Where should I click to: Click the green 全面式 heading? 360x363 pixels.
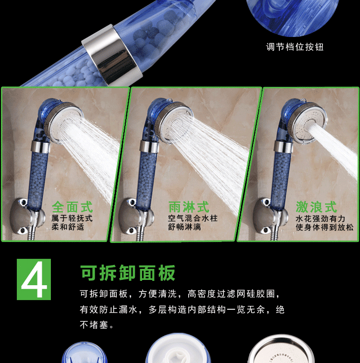[72, 207]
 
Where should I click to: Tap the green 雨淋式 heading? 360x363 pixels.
[189, 207]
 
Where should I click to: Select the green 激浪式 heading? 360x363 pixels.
[316, 207]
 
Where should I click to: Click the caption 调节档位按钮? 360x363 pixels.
[295, 47]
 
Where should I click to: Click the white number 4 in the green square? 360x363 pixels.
[34, 279]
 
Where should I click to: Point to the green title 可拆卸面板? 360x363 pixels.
[128, 273]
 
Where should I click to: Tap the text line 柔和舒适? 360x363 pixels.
[68, 227]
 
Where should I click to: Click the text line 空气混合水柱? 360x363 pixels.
[193, 218]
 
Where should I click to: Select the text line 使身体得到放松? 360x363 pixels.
[324, 227]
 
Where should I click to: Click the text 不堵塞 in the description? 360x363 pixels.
[94, 325]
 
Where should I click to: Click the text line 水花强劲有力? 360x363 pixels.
[320, 218]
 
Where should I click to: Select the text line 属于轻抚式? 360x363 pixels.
[72, 218]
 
